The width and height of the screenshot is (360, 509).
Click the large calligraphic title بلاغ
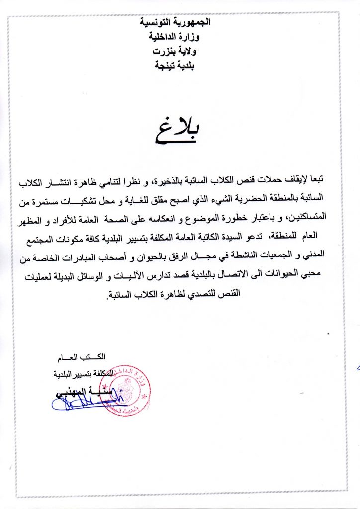pyautogui.click(x=177, y=130)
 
